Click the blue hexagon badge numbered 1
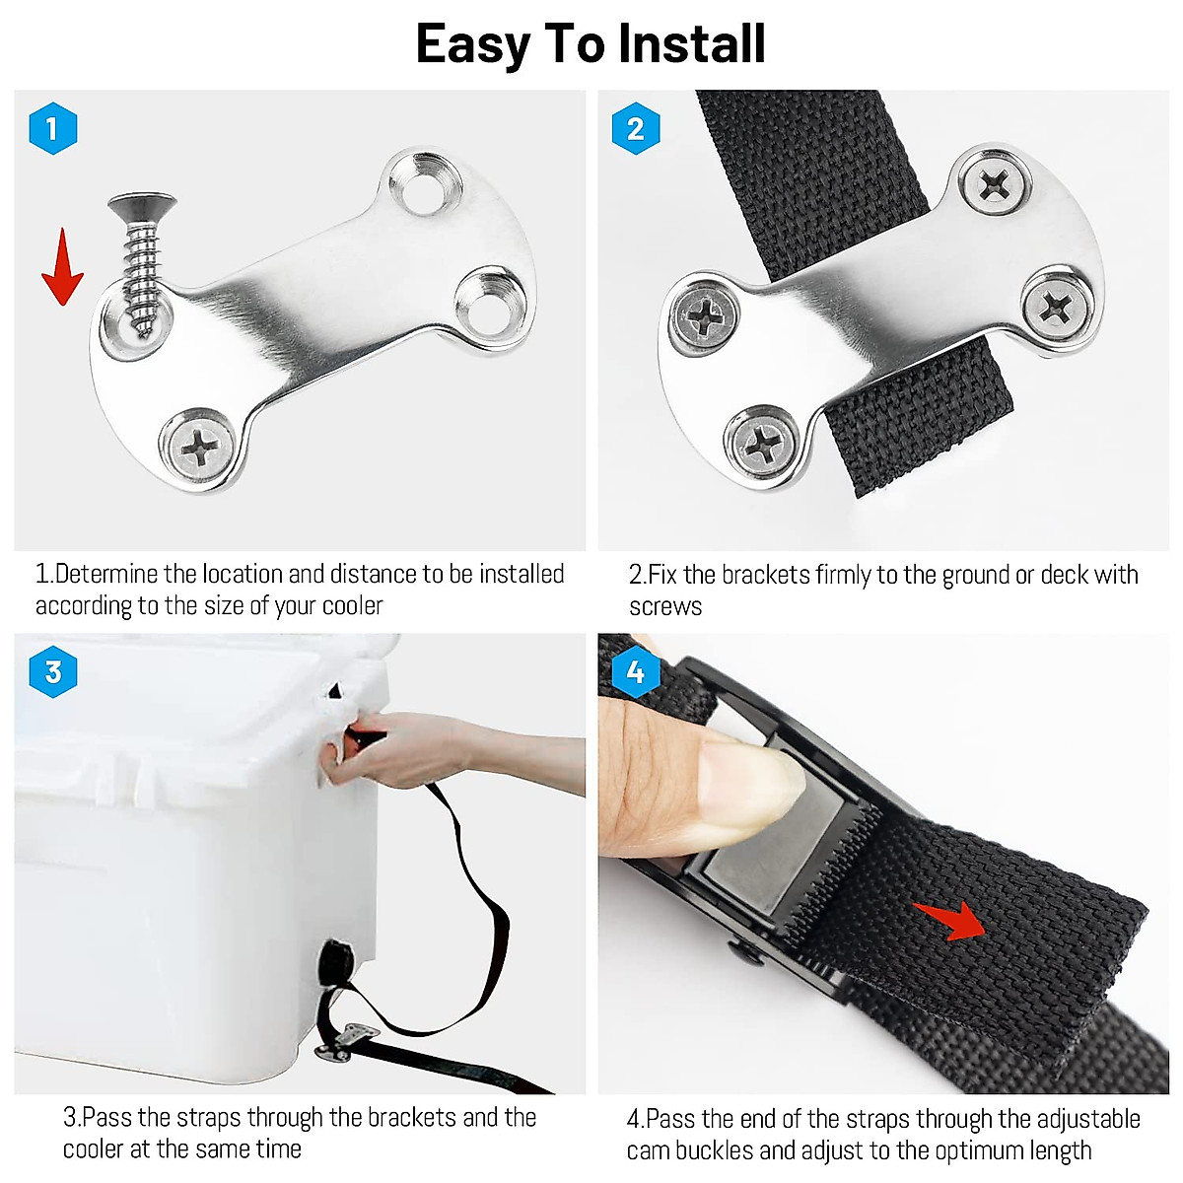(53, 128)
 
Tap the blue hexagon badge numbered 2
(636, 128)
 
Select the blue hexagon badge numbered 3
(53, 672)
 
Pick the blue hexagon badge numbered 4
(636, 672)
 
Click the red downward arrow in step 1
(62, 266)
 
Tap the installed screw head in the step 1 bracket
(200, 450)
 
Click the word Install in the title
(691, 44)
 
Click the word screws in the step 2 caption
(665, 606)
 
